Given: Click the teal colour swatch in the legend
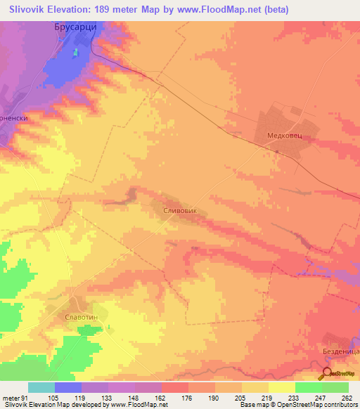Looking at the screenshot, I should tap(41, 387).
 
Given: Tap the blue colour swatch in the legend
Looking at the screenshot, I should tap(68, 387).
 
